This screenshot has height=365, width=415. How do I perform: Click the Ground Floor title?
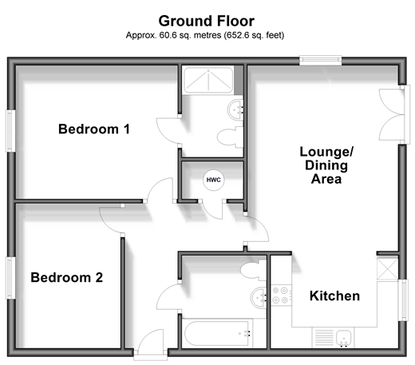click(207, 21)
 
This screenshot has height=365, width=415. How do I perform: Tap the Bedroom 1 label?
click(94, 129)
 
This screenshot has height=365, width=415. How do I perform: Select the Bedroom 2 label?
click(67, 277)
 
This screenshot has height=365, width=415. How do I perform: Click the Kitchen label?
click(334, 296)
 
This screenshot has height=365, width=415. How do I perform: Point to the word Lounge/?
click(326, 152)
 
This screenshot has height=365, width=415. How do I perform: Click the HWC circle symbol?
click(213, 180)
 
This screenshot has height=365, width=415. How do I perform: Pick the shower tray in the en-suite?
click(208, 81)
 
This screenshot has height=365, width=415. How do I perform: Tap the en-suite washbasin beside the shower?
click(235, 109)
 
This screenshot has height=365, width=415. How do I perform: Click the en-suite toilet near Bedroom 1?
click(230, 137)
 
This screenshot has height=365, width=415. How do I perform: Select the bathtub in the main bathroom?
click(217, 333)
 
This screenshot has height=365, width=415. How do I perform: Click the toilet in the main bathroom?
click(253, 270)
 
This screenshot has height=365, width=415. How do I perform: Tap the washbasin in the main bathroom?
click(259, 298)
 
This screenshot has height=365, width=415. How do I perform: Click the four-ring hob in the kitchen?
click(281, 296)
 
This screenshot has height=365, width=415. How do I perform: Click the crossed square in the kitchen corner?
click(387, 269)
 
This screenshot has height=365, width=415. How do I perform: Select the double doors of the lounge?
click(393, 115)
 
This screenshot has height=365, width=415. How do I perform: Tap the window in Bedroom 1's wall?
click(10, 131)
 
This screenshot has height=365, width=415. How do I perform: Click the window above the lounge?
click(320, 60)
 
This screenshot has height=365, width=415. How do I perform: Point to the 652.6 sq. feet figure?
click(254, 35)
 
